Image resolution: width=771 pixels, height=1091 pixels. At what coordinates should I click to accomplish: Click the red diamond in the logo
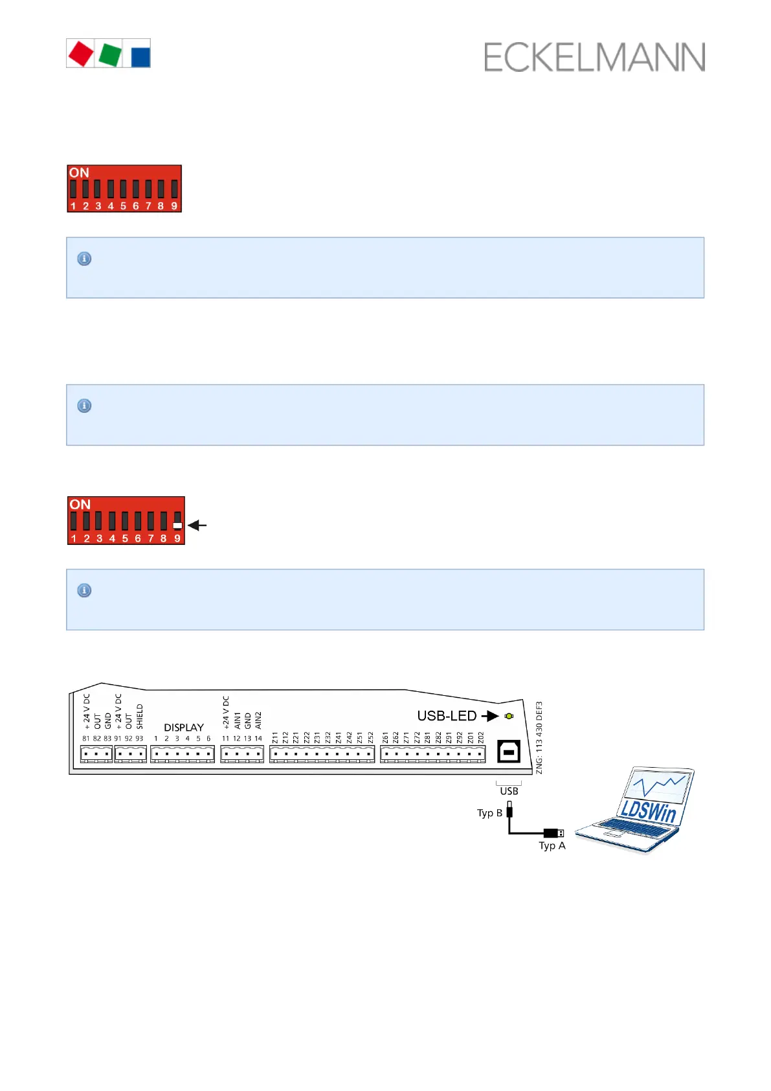pos(81,54)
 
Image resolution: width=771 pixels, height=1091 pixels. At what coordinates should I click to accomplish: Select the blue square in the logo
pos(140,56)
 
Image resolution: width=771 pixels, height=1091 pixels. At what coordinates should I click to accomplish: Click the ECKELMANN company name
pos(594,58)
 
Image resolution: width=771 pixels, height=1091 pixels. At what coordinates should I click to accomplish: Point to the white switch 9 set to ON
pos(177,525)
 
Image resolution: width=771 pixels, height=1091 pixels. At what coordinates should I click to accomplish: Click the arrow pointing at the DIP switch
pos(197,525)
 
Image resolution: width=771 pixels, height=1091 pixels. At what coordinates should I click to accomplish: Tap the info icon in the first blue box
pos(84,258)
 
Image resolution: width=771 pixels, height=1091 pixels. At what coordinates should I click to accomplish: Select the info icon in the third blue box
pos(84,590)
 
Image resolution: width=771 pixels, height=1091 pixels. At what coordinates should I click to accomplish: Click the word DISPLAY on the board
pos(184,728)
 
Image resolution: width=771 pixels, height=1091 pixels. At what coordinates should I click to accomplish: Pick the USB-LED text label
pos(447,716)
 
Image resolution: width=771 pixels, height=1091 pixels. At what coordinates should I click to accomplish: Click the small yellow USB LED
pos(509,716)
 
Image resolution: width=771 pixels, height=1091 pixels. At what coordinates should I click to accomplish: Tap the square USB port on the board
pos(509,752)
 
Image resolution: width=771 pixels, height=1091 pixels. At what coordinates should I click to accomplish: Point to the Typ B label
pos(489,813)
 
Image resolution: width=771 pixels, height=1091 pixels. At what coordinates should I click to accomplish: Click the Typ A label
pos(552,845)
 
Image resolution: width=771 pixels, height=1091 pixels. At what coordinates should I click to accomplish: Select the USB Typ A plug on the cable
pos(554,833)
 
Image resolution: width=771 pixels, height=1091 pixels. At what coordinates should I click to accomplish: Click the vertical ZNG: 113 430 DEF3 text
pos(539,737)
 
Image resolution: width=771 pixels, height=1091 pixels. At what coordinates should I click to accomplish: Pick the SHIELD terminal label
pos(140,717)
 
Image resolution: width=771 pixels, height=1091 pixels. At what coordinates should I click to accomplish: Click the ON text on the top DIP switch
pos(79,173)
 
